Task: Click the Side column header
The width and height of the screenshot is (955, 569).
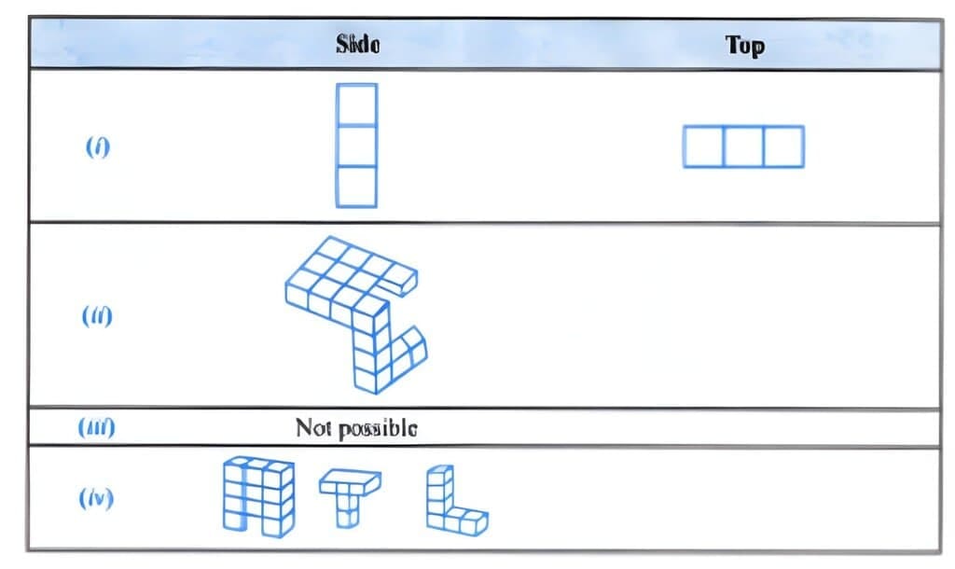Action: (358, 45)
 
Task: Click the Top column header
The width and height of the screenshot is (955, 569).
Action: (745, 46)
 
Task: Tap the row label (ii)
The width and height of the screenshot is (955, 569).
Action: (97, 315)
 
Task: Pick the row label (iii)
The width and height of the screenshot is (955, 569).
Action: (97, 428)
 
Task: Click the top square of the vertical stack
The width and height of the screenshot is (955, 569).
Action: (357, 104)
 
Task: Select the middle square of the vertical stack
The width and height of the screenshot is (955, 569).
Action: (357, 146)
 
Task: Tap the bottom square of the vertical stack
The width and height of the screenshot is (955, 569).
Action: (357, 187)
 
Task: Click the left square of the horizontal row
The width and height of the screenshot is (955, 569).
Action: (703, 147)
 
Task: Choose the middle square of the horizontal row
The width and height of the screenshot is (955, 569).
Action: (743, 147)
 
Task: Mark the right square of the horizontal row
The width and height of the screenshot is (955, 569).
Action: (783, 147)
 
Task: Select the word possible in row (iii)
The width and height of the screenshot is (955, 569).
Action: (375, 428)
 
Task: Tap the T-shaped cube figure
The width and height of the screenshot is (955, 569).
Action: (349, 494)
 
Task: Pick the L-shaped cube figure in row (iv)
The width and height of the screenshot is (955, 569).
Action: (453, 502)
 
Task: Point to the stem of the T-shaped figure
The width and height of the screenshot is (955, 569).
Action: (348, 510)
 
